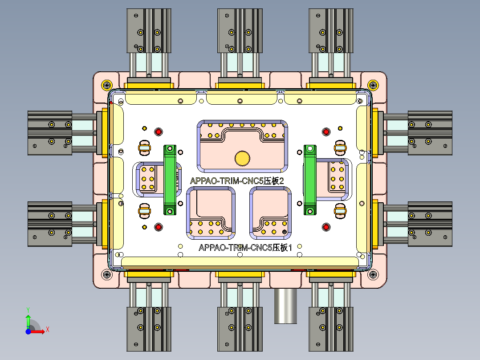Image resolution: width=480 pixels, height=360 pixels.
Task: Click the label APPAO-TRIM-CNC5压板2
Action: pos(237,181)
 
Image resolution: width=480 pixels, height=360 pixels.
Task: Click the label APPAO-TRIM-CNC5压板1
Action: pos(245,248)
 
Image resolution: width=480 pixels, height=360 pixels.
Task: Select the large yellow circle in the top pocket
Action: pos(243,157)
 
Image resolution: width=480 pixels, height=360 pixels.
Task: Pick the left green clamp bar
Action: pos(170,180)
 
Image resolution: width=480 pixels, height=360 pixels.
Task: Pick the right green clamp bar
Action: pos(310,179)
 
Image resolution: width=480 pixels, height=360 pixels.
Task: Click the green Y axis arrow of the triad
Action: pos(28,320)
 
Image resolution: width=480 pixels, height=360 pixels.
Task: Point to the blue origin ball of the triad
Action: pos(28,331)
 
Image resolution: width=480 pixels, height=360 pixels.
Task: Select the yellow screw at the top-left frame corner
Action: pos(107,84)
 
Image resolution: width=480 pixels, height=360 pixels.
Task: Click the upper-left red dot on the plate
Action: pos(158,131)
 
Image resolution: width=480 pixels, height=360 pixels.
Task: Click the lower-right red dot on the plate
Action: pos(326,227)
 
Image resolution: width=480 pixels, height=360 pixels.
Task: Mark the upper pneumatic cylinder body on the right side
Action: pos(430,132)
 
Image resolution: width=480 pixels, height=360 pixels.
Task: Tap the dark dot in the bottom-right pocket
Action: pos(285,232)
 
